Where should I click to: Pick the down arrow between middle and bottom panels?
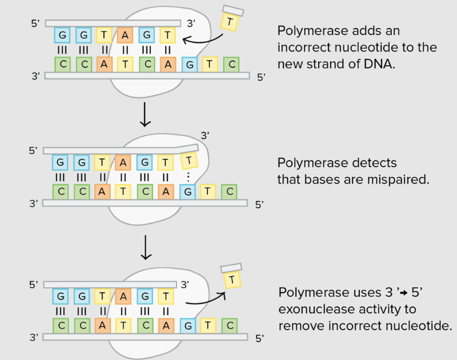point(146,247)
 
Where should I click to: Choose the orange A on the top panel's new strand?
point(125,36)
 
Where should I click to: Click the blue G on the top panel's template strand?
point(189,65)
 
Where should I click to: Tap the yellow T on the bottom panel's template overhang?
point(209,326)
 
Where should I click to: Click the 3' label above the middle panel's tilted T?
point(205,135)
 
